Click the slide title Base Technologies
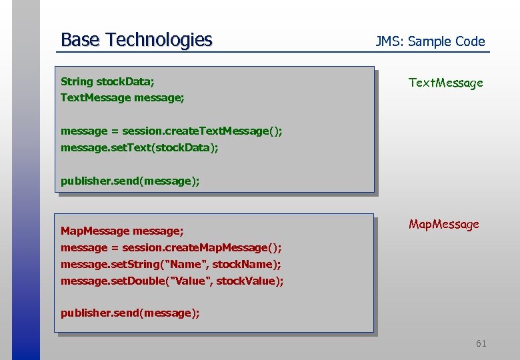tap(136, 40)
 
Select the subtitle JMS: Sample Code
tap(430, 41)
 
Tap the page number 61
tap(481, 343)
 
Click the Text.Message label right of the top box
tap(445, 83)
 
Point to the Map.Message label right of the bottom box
tap(443, 224)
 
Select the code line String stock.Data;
tap(107, 81)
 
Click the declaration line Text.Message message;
tap(122, 98)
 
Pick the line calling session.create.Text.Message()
tap(171, 131)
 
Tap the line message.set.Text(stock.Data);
tap(139, 147)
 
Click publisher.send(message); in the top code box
tap(130, 181)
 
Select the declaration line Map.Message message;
tap(122, 231)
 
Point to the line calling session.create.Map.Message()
tap(171, 248)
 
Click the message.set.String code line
tap(171, 265)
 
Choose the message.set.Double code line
tap(172, 281)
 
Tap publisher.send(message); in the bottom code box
tap(130, 313)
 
